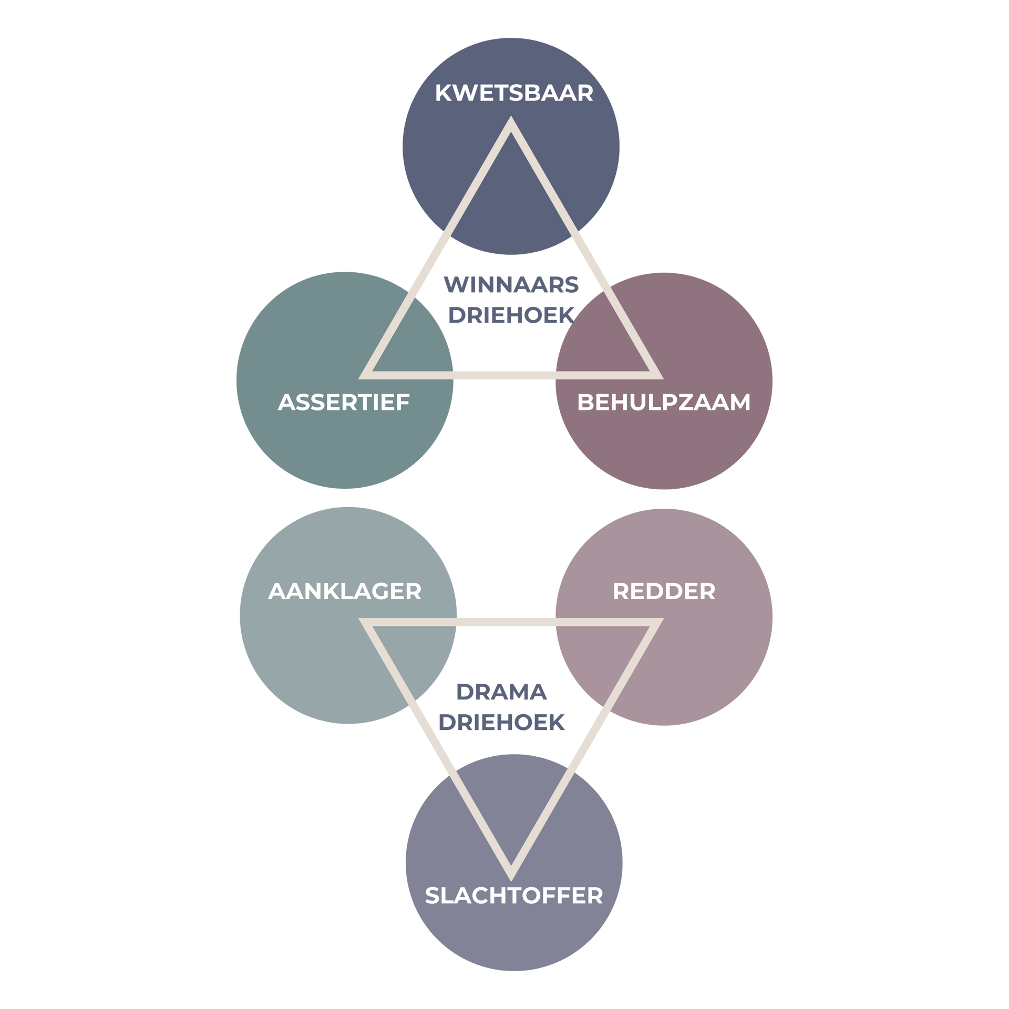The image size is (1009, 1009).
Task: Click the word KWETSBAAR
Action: coord(513,93)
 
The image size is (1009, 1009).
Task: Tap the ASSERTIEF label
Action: coord(344,403)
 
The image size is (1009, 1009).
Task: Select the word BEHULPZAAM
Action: coord(664,403)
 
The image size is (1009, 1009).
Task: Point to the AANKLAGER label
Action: coord(345,592)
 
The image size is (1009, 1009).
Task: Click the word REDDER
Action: coord(664,592)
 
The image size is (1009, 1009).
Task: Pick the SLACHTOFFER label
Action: coord(513,895)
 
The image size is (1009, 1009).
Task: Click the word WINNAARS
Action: coord(511,285)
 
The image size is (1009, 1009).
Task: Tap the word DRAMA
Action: coord(501,693)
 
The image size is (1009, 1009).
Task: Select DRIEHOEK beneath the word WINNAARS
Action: coord(511,315)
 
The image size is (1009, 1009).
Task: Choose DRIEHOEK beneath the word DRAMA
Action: coord(501,723)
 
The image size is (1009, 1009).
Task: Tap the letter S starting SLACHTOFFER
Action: coord(432,895)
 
